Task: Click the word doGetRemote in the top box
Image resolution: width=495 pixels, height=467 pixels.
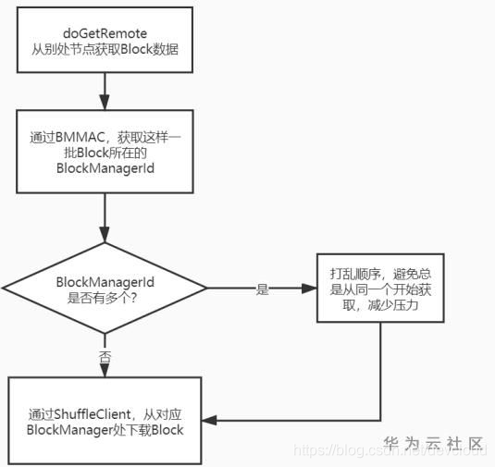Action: [105, 33]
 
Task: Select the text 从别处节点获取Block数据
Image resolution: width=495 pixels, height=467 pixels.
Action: [105, 51]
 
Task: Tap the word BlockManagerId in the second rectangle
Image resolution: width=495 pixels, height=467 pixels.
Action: [105, 169]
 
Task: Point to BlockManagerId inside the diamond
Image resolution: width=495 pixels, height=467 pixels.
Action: [105, 280]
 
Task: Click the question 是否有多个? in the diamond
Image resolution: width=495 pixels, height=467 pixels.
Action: [105, 297]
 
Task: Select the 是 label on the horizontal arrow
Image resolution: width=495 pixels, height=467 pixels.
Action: [262, 289]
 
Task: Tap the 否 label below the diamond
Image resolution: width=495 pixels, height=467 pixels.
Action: [105, 354]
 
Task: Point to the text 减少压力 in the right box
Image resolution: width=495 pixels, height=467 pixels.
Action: [398, 304]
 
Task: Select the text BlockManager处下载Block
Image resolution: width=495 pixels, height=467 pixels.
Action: [105, 429]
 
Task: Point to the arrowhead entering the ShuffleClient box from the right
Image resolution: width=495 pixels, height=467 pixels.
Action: [209, 421]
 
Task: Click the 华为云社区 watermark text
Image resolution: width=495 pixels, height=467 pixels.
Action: [434, 442]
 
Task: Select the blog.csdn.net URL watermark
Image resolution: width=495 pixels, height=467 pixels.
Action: [389, 451]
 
